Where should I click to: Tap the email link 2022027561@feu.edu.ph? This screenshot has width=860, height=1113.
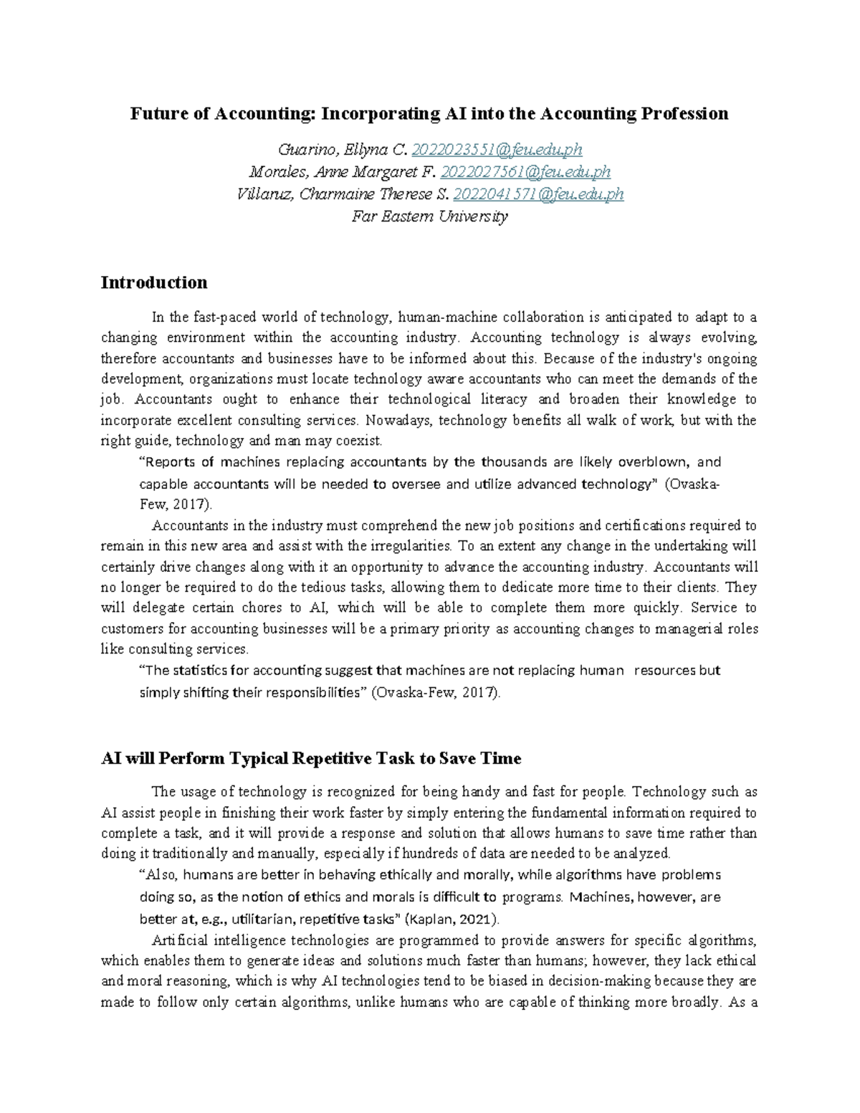tap(526, 172)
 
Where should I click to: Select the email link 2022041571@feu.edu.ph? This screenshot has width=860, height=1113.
tap(539, 194)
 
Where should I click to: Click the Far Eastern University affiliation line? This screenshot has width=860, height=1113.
tap(429, 216)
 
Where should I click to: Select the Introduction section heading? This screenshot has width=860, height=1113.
tap(154, 282)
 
